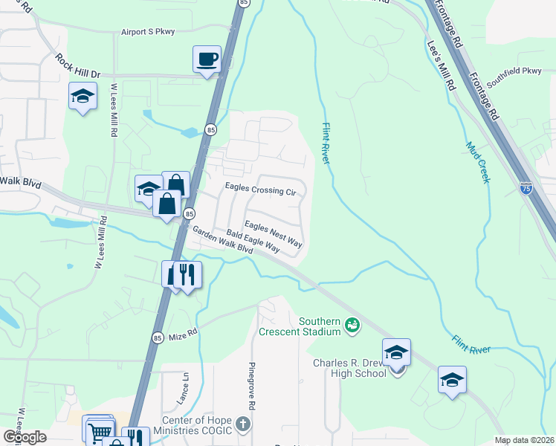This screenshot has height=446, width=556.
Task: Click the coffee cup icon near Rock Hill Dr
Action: (x=207, y=58)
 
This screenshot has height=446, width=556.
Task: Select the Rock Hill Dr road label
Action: (x=77, y=66)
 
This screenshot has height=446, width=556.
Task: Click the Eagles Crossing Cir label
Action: (x=260, y=190)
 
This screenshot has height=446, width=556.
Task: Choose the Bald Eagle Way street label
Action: (x=253, y=243)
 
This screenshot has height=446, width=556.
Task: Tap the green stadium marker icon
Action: (x=352, y=324)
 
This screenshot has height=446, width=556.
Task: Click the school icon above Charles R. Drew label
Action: (x=396, y=352)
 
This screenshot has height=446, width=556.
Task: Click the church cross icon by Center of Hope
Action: (x=242, y=425)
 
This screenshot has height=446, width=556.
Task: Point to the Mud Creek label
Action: (x=478, y=163)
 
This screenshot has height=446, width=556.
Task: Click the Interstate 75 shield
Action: (x=526, y=189)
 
